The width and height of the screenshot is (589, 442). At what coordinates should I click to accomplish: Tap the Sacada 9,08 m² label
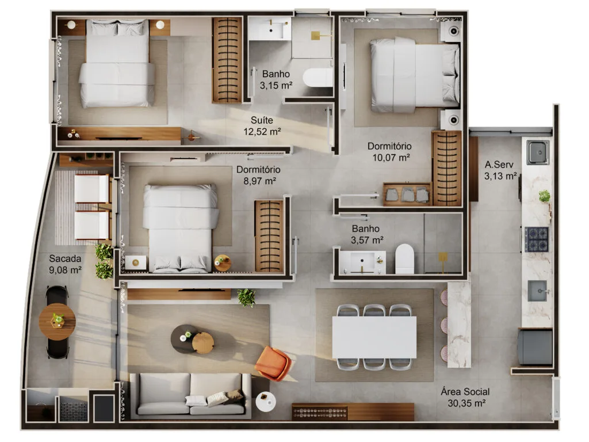click(64, 264)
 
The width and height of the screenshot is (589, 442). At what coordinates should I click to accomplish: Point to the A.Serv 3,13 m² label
click(500, 170)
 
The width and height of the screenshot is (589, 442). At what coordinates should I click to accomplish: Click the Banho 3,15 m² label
click(277, 79)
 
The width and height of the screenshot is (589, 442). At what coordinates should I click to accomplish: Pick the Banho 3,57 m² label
click(367, 234)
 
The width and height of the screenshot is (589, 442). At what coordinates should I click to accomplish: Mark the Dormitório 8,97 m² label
click(258, 175)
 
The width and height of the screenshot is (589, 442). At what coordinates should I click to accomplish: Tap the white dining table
click(374, 337)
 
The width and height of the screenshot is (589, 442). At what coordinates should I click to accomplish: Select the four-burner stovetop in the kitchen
click(536, 239)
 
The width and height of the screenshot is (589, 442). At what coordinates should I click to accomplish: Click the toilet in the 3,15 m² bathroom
click(318, 78)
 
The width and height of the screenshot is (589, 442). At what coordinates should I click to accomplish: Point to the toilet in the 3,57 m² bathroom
click(405, 259)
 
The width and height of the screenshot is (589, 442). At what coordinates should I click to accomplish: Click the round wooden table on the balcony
click(57, 322)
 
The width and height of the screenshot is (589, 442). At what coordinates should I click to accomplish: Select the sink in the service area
click(538, 151)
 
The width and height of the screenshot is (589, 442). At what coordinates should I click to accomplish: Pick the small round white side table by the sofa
click(265, 401)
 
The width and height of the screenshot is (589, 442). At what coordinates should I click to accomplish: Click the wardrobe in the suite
click(227, 60)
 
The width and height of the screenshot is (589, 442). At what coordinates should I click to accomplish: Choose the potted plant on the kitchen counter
click(544, 196)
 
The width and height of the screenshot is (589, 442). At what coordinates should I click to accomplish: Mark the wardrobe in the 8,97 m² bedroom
click(269, 236)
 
